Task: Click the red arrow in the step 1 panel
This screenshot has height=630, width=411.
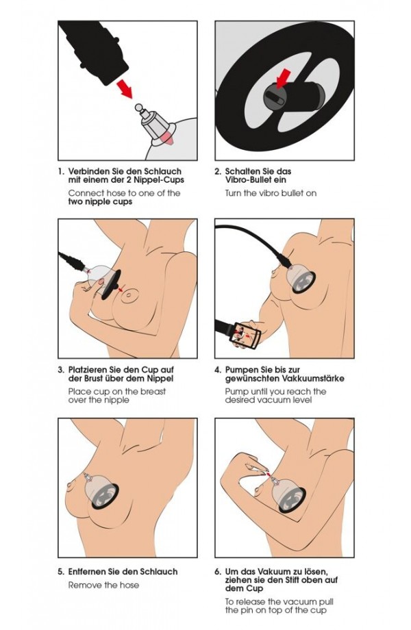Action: (124, 88)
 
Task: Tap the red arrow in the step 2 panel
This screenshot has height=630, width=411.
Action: (284, 77)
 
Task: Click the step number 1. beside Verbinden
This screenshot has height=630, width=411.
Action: (61, 171)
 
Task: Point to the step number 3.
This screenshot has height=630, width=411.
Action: (61, 369)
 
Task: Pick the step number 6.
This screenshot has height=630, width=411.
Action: (218, 571)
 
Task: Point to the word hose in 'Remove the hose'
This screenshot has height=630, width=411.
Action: (129, 585)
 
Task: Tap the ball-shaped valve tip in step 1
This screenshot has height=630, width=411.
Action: (138, 108)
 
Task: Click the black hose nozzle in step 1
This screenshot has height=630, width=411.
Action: (94, 51)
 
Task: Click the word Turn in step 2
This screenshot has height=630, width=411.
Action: (233, 193)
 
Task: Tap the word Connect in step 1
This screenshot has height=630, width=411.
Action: (84, 193)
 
